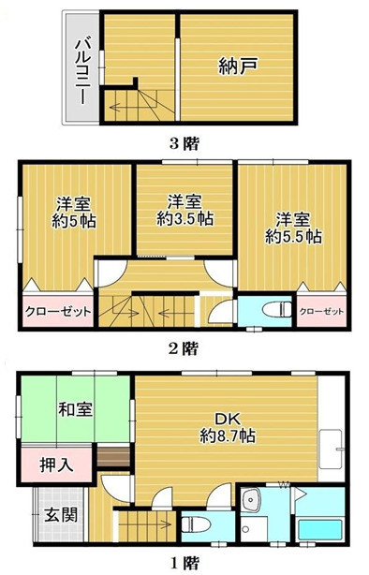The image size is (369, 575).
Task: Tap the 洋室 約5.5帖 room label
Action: (x=292, y=228)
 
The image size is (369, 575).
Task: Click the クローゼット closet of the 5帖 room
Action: (x=55, y=312)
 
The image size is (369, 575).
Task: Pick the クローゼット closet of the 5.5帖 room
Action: (x=320, y=311)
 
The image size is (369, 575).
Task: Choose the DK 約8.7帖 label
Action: (x=228, y=427)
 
